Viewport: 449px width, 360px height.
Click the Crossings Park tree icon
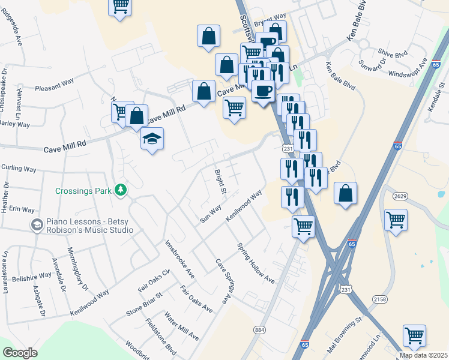tap(121, 190)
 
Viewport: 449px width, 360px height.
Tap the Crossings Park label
tap(83, 191)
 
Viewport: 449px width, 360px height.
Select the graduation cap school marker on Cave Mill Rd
tap(152, 139)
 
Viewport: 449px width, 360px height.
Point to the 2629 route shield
tap(400, 196)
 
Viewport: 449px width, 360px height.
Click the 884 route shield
tap(259, 330)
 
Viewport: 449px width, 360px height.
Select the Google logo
tap(20, 353)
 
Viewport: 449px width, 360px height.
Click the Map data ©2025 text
tap(423, 355)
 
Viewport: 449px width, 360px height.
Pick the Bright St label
tap(220, 182)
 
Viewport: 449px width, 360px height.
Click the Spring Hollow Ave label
tap(255, 263)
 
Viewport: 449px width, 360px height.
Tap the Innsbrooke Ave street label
tap(180, 259)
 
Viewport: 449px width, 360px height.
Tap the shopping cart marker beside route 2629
tap(396, 220)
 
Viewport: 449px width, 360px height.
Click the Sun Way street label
tap(211, 212)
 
